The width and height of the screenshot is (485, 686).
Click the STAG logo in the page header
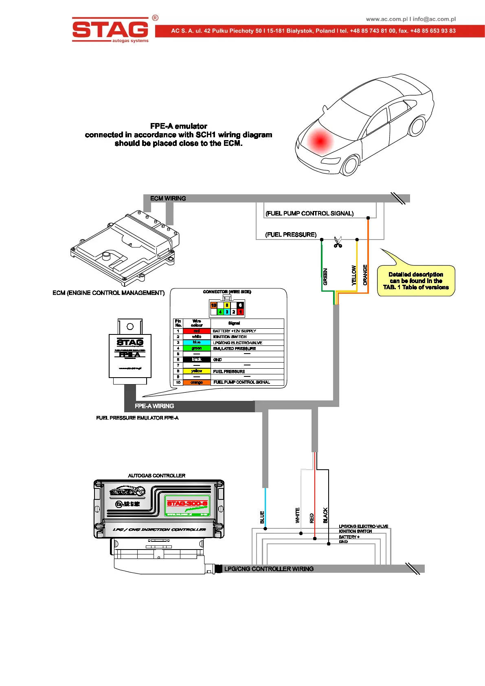click(110, 29)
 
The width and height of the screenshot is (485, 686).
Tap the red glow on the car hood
click(320, 141)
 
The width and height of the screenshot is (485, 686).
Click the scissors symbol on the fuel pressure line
click(338, 242)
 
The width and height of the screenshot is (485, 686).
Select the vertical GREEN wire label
click(325, 276)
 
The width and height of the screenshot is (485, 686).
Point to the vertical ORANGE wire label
click(365, 275)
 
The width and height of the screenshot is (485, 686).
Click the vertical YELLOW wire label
click(354, 275)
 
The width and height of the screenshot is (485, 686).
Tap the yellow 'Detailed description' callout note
click(416, 281)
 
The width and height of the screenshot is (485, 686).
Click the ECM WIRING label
click(168, 198)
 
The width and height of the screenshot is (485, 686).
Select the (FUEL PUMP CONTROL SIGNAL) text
click(309, 213)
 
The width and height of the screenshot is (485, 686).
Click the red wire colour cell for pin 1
click(197, 331)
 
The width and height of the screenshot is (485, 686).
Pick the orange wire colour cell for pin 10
click(197, 383)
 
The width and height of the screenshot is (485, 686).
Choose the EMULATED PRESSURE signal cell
click(234, 348)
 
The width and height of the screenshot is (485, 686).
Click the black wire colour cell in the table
click(197, 359)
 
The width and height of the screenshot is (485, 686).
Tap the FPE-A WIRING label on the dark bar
click(154, 406)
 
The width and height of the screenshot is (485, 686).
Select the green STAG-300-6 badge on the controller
click(187, 506)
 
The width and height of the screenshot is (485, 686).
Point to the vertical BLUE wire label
click(262, 517)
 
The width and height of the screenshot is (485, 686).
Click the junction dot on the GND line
click(329, 543)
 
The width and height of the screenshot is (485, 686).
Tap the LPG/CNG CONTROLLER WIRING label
click(269, 569)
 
